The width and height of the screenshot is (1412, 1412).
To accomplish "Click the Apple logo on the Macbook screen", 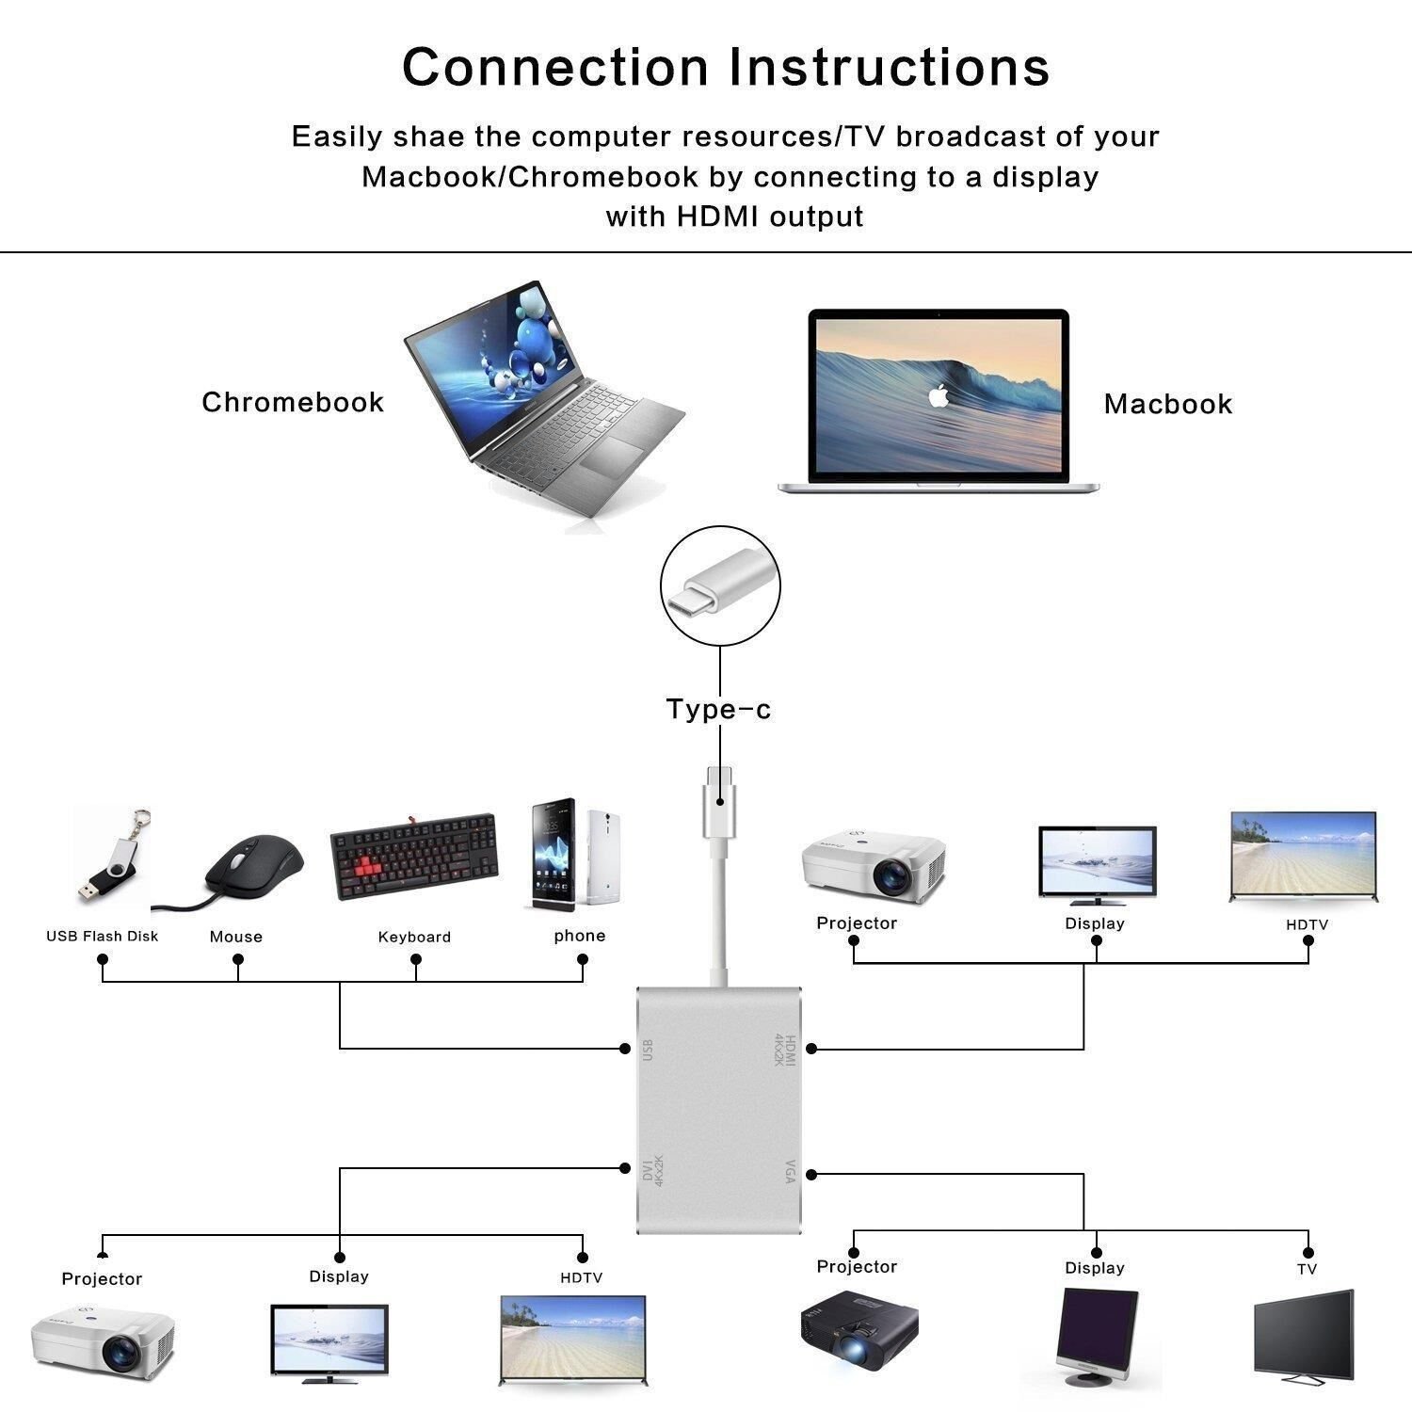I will [937, 395].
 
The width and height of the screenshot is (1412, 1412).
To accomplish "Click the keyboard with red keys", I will [414, 857].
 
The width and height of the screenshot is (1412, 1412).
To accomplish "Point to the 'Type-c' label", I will [718, 709].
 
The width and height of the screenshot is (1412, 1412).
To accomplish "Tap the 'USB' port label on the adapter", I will [647, 1050].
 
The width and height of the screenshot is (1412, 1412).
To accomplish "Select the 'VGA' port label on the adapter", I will [789, 1172].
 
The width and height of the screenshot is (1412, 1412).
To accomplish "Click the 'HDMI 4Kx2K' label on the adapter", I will [784, 1050].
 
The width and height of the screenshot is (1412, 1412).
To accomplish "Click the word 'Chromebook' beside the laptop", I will [293, 402].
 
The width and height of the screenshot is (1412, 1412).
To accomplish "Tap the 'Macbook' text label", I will [1167, 404].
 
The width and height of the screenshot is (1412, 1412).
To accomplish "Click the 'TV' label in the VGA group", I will [1307, 1269].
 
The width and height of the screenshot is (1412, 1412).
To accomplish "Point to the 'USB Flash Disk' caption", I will [102, 936].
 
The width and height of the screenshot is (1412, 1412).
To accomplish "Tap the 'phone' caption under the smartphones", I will [579, 935].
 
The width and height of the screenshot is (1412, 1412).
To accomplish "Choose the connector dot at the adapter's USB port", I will [624, 1048].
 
